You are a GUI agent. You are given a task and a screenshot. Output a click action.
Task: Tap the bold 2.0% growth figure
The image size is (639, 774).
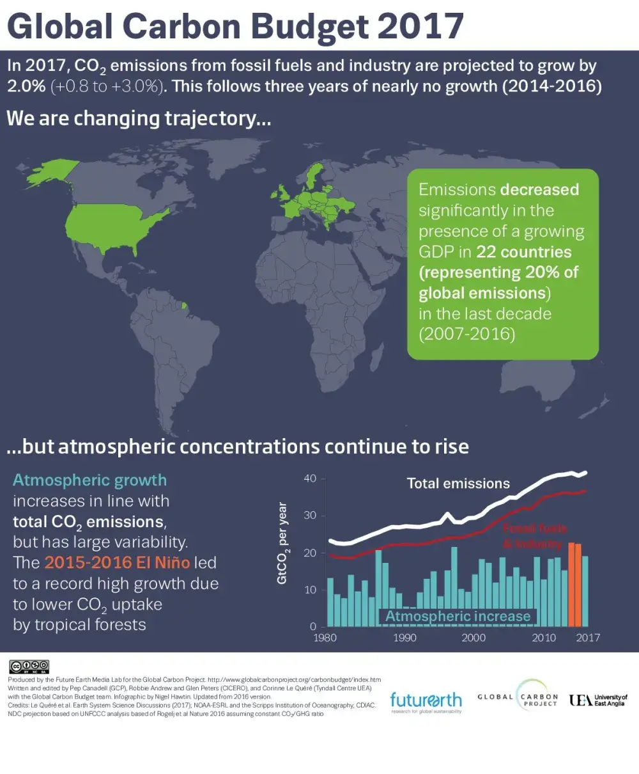[26, 86]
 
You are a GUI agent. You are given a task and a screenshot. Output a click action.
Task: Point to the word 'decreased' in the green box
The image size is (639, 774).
[539, 190]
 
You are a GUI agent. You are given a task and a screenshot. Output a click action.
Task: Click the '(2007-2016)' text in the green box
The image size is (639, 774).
[466, 335]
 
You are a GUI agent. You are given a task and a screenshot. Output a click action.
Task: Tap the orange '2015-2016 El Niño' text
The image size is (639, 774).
[117, 563]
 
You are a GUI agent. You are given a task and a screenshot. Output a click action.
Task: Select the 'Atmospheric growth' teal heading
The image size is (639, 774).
[89, 480]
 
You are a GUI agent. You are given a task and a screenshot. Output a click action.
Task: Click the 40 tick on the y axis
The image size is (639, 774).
[310, 478]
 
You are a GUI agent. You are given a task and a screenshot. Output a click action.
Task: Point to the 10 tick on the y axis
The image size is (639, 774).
[310, 590]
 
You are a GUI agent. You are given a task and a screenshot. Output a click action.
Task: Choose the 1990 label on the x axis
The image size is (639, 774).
[404, 638]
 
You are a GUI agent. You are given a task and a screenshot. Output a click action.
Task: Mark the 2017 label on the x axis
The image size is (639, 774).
[588, 638]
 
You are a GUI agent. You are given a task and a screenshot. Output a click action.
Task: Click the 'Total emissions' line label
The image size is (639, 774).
[458, 484]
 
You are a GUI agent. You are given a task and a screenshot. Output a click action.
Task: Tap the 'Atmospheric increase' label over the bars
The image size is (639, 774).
[458, 617]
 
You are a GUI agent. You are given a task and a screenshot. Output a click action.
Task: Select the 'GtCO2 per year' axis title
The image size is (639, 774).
[282, 544]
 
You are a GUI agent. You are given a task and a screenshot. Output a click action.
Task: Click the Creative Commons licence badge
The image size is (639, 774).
[28, 667]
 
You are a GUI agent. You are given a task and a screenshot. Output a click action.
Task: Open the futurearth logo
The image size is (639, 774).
[426, 702]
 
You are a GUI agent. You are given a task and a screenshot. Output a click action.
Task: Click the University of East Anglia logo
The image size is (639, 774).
[598, 700]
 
